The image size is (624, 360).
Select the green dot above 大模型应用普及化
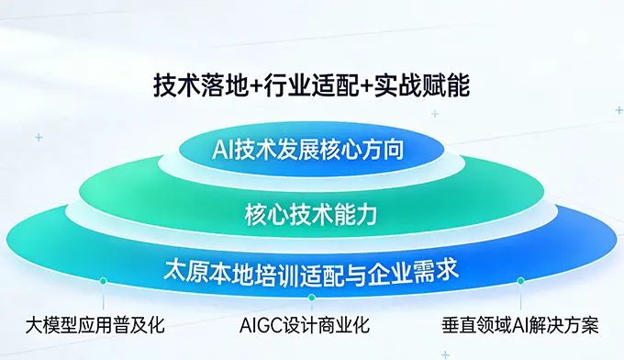coord(103,281)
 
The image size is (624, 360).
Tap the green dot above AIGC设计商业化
coord(312,298)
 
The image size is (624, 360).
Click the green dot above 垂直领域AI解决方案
coord(521,281)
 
